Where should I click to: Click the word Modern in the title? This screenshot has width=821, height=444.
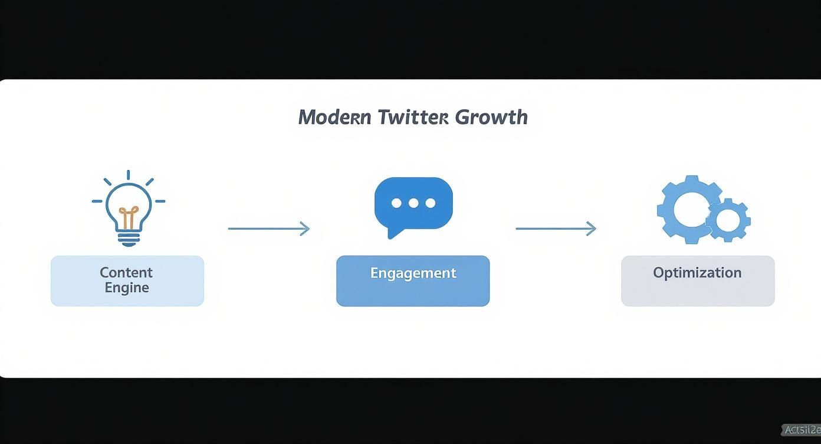[x=334, y=117]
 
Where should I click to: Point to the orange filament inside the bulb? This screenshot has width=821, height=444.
[x=129, y=217]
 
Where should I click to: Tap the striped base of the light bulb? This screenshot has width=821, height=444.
[x=129, y=239]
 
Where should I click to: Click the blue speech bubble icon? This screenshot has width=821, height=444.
[x=413, y=204]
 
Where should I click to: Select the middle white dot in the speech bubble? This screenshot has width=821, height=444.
[x=413, y=203]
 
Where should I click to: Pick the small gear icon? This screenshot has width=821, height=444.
[x=728, y=220]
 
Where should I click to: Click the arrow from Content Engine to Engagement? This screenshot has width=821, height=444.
[x=268, y=228]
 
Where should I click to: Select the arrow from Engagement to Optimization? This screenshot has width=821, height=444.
[x=556, y=228]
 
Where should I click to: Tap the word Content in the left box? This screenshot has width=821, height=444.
[x=126, y=272]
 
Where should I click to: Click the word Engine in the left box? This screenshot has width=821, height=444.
[x=127, y=288]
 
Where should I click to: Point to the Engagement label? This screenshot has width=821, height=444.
[x=413, y=273]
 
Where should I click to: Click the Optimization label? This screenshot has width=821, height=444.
[x=697, y=273]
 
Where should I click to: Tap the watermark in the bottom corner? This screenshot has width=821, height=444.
[x=802, y=430]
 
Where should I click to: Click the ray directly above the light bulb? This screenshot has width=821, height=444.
[x=128, y=175]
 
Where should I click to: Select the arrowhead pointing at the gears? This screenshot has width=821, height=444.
[x=591, y=228]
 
